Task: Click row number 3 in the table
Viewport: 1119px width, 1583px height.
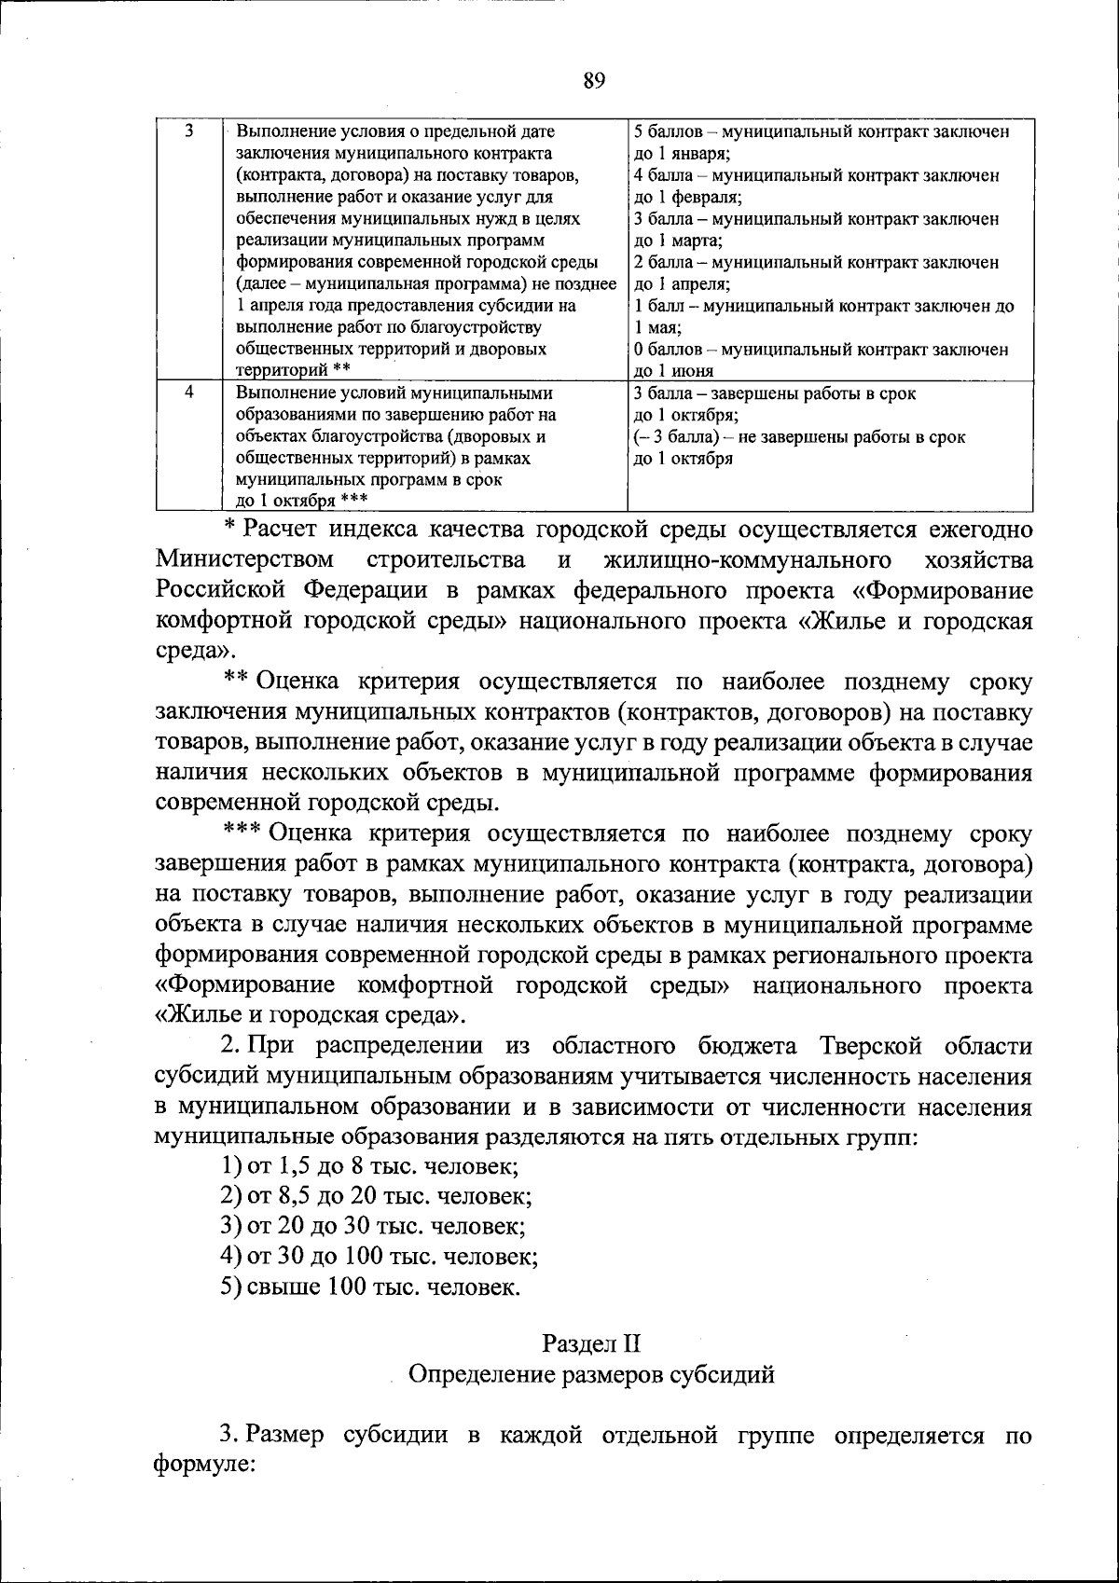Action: point(188,131)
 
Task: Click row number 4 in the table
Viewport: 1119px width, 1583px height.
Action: point(188,393)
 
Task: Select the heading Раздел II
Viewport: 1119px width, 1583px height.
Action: point(592,1343)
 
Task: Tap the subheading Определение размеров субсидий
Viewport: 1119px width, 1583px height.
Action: point(592,1374)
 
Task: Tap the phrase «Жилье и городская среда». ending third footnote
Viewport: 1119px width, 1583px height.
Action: point(311,1014)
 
